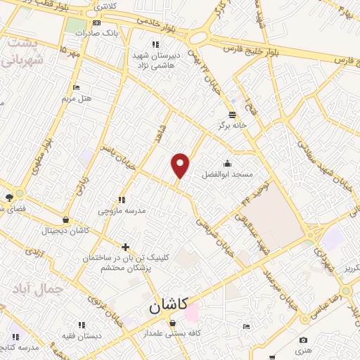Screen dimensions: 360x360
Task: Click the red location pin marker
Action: (x=181, y=165)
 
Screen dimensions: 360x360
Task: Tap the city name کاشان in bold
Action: (x=168, y=306)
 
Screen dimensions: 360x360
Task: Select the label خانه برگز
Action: (x=233, y=124)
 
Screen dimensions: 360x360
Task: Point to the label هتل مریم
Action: (x=77, y=98)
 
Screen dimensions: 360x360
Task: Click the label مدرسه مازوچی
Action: (x=120, y=210)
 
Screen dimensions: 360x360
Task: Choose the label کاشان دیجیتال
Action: (x=65, y=230)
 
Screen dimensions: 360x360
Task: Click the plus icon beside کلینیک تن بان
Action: (x=126, y=247)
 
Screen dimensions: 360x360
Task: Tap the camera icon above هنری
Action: (x=303, y=340)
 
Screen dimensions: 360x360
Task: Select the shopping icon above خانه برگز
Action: (x=233, y=115)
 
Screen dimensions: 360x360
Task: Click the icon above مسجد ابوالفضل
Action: (x=227, y=163)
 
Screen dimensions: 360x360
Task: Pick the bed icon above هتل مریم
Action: (x=76, y=88)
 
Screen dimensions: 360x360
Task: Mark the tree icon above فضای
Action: (x=9, y=198)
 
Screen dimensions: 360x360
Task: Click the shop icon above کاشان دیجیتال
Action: (x=65, y=220)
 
